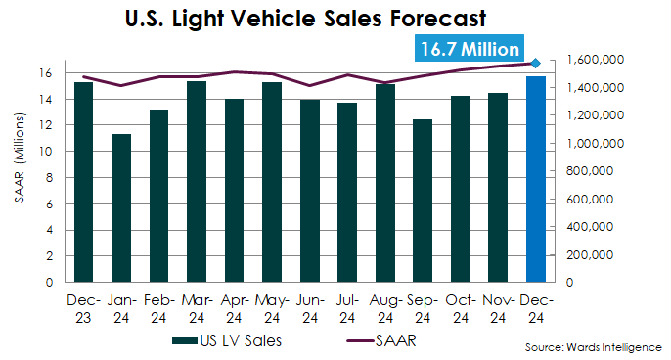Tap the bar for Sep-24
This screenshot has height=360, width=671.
[x=423, y=201]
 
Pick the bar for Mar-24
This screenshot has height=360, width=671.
[x=197, y=181]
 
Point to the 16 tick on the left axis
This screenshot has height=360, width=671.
[x=45, y=73]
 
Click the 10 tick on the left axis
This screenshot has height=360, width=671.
[x=45, y=152]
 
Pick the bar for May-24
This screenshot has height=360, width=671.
[x=272, y=182]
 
